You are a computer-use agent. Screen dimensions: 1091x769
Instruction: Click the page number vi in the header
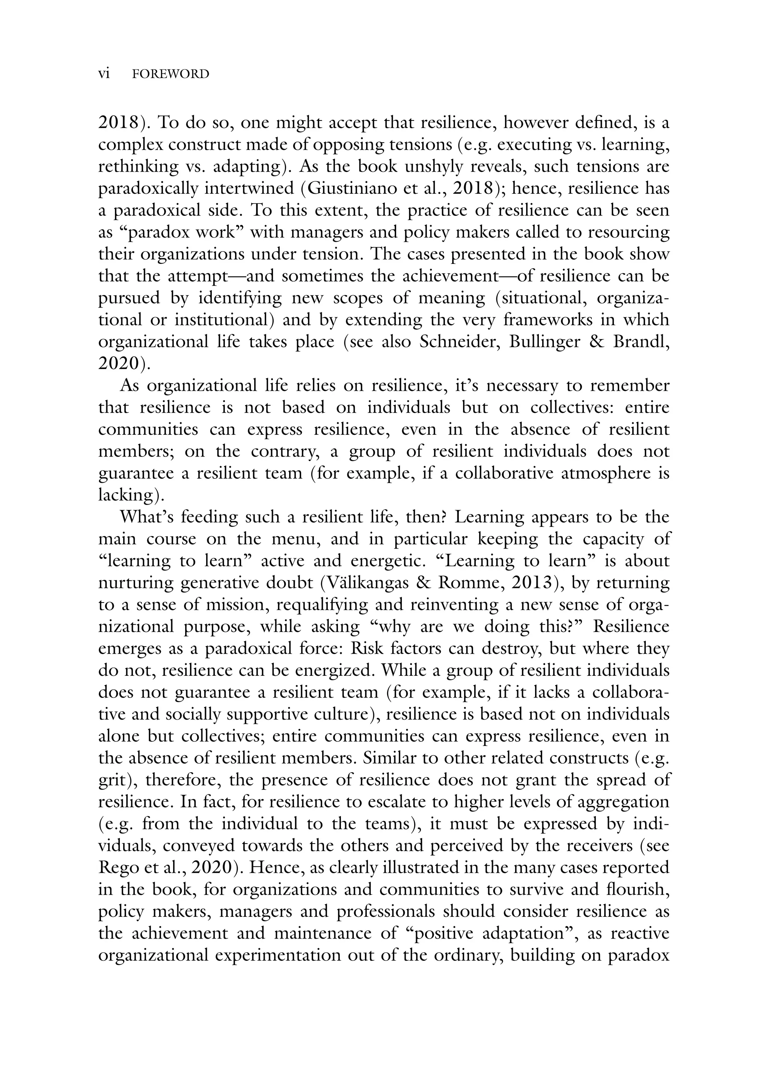pyautogui.click(x=104, y=74)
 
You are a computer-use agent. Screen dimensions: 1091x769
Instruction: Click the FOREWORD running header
pyautogui.click(x=170, y=74)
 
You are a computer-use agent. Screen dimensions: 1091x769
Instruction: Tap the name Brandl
pyautogui.click(x=640, y=342)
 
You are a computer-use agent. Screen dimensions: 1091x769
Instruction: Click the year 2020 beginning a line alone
pyautogui.click(x=120, y=363)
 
